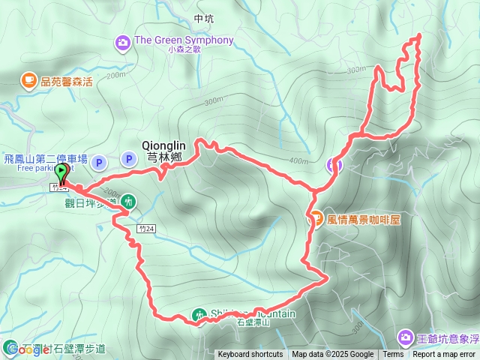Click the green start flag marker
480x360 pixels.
coord(61,174)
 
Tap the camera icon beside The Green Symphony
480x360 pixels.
coord(122,44)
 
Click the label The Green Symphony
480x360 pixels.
coord(183,40)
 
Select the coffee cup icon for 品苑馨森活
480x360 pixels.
coord(28,79)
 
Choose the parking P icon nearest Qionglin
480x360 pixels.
coord(127,159)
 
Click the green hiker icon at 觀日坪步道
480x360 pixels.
coord(128,200)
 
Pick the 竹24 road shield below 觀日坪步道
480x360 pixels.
coord(147,228)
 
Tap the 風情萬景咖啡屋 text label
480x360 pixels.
coord(364,220)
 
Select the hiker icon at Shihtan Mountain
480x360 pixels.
coord(199,316)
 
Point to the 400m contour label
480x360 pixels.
coord(298,160)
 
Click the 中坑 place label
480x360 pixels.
coord(203,19)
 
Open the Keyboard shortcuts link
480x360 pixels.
coord(250,355)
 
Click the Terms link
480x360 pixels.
coord(393,355)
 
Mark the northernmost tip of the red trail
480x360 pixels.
coord(418,35)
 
